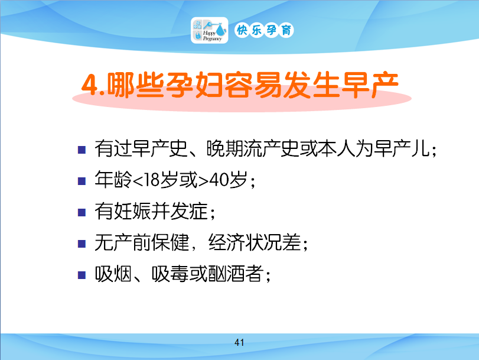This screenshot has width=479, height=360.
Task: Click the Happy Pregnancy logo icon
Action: click(x=210, y=30)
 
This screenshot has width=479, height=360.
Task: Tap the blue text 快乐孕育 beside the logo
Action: click(x=264, y=30)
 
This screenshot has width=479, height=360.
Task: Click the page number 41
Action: click(x=239, y=342)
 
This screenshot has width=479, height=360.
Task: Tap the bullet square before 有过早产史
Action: click(x=82, y=150)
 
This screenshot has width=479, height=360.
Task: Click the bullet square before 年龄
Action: click(x=82, y=181)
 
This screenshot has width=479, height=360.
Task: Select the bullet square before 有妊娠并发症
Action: click(x=82, y=212)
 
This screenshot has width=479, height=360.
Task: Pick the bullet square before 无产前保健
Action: click(x=82, y=244)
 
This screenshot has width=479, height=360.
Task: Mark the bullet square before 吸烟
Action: click(x=82, y=275)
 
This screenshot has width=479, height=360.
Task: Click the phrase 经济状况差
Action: click(x=255, y=242)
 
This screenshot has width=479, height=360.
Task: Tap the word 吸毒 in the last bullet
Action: click(x=170, y=274)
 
